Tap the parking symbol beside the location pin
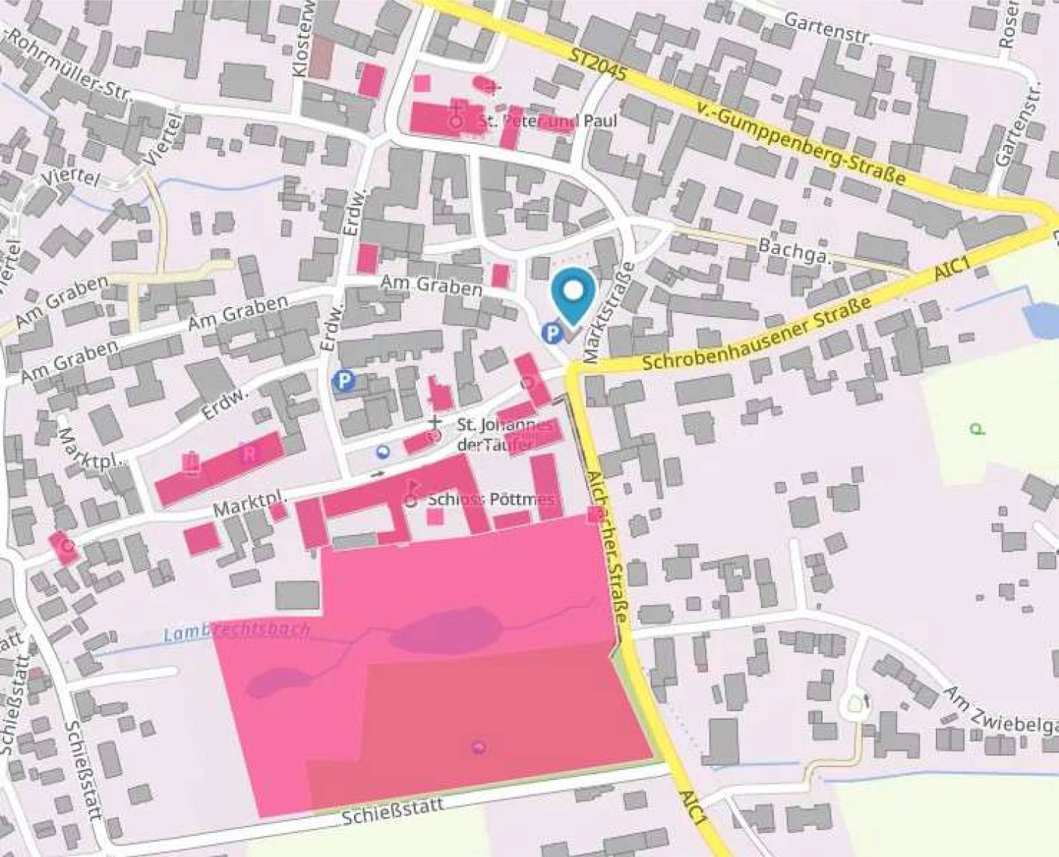553,333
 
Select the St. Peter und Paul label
548,120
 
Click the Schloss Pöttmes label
491,499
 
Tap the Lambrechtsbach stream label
236,632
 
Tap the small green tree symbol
977,429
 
